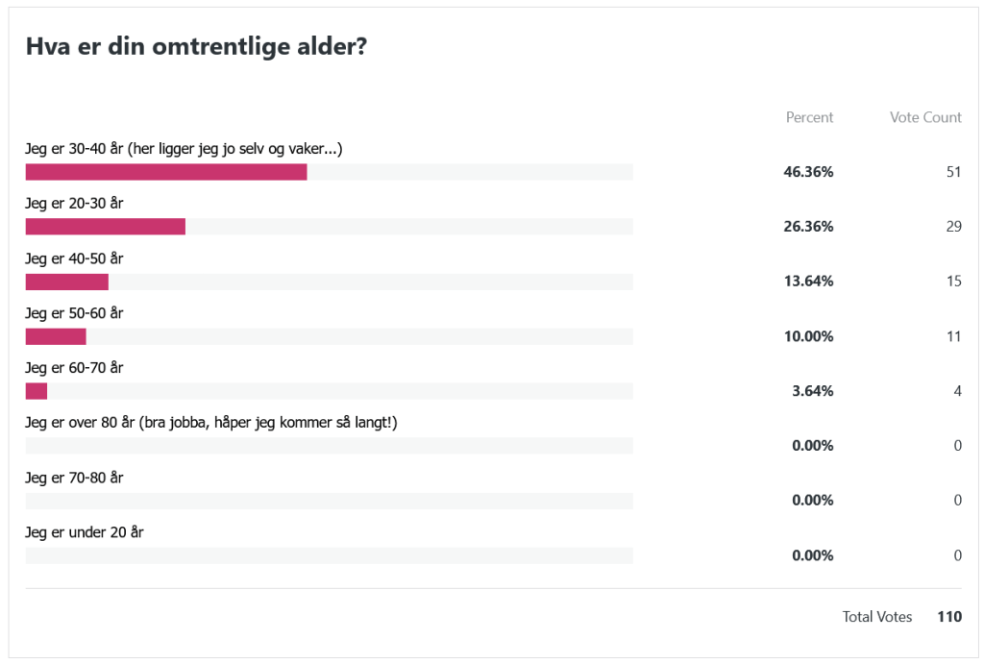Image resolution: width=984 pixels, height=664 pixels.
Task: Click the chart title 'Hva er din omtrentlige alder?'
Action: (196, 47)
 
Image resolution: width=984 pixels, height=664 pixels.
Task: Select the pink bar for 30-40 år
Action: (166, 172)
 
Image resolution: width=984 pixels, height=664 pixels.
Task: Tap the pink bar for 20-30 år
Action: (105, 227)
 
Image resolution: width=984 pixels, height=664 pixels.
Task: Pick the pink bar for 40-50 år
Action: (66, 282)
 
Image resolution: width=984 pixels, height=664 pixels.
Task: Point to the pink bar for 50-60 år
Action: (56, 336)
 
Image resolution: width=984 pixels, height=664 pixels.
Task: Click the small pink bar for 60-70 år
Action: (37, 391)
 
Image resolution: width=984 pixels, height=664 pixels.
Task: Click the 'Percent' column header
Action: (809, 117)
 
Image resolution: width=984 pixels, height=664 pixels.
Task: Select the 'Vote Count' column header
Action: (925, 117)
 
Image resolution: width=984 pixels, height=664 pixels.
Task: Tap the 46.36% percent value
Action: (808, 172)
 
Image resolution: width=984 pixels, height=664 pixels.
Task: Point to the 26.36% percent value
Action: (808, 227)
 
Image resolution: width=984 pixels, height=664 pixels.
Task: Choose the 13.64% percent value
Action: (808, 282)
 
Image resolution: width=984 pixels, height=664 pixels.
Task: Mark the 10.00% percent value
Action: (808, 336)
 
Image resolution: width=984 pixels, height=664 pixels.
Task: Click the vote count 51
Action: (953, 172)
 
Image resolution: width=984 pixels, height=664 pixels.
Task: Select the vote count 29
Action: (953, 227)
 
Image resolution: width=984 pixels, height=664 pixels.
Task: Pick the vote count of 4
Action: (957, 391)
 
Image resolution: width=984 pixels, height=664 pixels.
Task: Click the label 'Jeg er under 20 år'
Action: (85, 532)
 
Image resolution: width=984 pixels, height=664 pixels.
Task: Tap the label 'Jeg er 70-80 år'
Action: (74, 478)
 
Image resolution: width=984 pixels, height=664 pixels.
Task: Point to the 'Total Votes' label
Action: (877, 617)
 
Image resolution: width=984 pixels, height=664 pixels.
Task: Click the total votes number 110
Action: (949, 617)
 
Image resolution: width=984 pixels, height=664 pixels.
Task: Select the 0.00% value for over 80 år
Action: (812, 446)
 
